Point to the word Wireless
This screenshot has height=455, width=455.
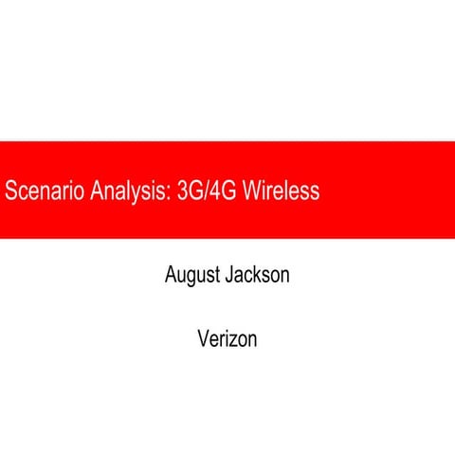coord(281,191)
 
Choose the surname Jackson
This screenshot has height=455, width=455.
coord(257,276)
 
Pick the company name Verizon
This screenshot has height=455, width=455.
coord(227,337)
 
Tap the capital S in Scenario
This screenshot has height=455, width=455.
coord(10,191)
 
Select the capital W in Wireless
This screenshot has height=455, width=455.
coord(252,191)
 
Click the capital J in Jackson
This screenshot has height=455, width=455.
coord(228,276)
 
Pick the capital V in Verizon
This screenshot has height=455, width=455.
coord(203,337)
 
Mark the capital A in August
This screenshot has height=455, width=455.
coord(171,276)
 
